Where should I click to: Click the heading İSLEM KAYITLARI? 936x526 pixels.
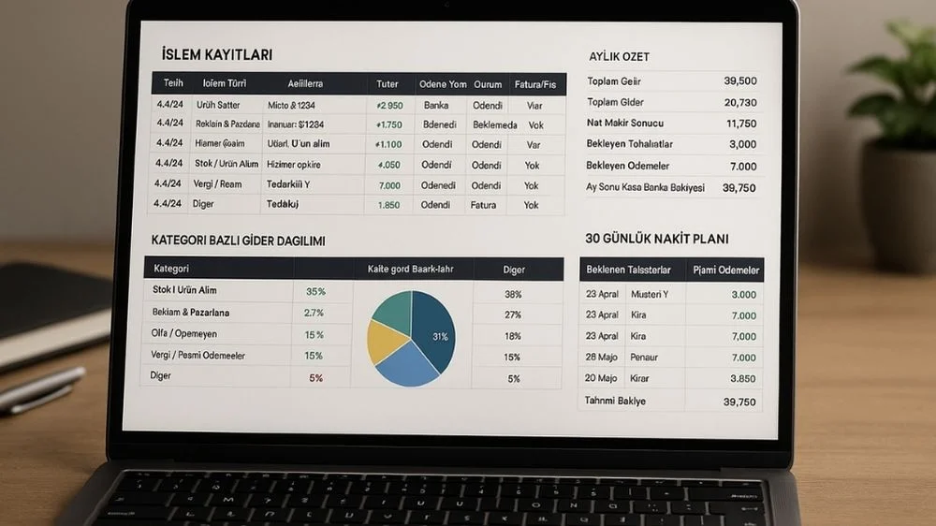216,54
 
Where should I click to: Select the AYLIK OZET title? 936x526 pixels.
619,56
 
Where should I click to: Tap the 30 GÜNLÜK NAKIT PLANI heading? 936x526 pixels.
656,239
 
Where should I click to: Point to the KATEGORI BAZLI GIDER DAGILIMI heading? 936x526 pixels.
238,241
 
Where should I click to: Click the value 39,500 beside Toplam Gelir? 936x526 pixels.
739,81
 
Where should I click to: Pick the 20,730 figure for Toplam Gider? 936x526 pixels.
739,102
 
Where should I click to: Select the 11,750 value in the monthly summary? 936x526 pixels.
740,124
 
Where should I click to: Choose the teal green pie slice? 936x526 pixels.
393,310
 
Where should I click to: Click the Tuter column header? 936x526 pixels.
387,83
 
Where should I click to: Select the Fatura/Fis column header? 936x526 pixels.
535,84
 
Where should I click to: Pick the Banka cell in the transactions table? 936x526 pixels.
435,106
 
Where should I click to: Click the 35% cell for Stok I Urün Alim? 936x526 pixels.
315,291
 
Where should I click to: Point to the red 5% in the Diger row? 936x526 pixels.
315,378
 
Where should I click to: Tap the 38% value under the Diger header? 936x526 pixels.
513,294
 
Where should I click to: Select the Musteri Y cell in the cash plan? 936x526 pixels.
650,295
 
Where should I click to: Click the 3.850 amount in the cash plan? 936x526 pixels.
743,379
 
